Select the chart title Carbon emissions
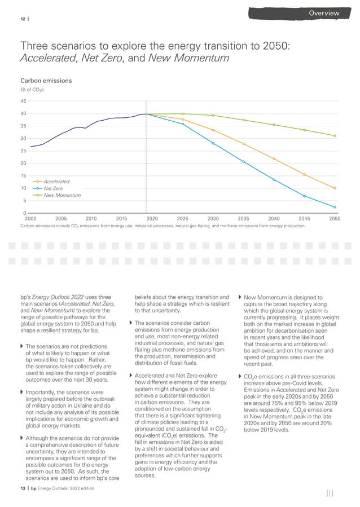click(x=46, y=81)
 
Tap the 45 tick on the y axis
click(x=23, y=102)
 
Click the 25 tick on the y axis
click(x=23, y=151)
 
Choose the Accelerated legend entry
click(x=56, y=182)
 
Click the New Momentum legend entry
click(x=62, y=195)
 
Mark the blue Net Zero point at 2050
click(x=335, y=207)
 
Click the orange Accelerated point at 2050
click(x=335, y=188)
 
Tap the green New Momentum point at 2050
click(x=335, y=135)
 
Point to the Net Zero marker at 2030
click(x=213, y=143)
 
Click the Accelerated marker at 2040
click(x=274, y=158)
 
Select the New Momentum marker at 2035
click(x=244, y=120)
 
